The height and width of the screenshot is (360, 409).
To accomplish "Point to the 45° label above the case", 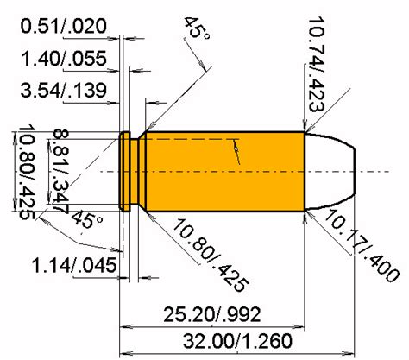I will coord(197,32).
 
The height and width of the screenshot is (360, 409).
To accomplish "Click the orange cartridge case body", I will coord(224,171).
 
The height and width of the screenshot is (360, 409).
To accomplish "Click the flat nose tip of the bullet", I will coord(351,171).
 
